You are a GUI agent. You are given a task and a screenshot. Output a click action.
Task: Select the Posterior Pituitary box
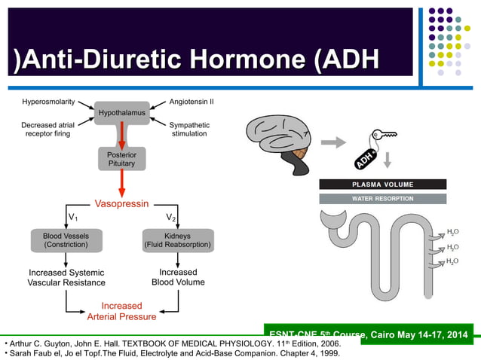121,159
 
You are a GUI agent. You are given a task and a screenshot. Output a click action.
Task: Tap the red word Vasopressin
121,203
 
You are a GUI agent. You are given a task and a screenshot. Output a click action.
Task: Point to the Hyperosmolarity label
48,101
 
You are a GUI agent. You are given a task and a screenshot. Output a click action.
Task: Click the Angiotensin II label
192,101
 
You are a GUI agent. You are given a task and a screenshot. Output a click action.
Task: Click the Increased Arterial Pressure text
121,311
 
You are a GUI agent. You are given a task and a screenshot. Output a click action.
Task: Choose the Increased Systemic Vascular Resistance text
66,277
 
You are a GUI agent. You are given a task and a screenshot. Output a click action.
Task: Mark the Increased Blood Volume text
178,277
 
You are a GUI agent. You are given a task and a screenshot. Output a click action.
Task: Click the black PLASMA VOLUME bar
382,185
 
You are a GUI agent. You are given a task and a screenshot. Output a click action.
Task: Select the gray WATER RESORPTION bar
382,199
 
